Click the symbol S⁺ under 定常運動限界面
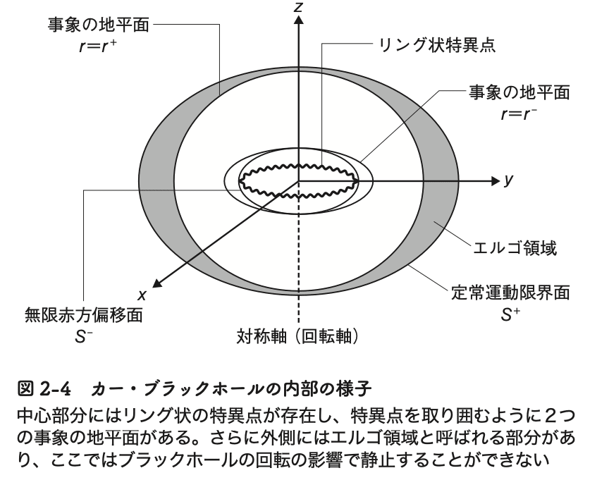click(512, 316)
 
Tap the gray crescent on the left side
click(159, 176)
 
